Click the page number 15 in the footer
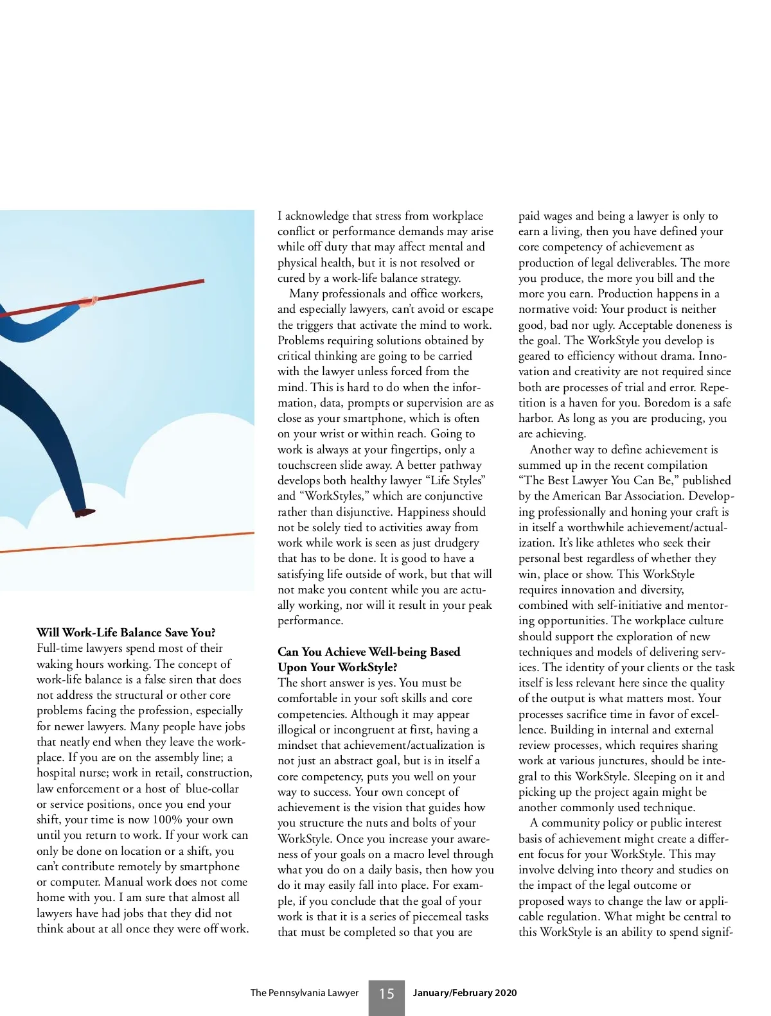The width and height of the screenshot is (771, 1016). pyautogui.click(x=386, y=994)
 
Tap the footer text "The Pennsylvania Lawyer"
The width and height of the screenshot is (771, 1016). pyautogui.click(x=304, y=993)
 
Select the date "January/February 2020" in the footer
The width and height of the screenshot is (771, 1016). pyautogui.click(x=465, y=993)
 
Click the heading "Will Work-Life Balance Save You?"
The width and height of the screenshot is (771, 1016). pyautogui.click(x=126, y=633)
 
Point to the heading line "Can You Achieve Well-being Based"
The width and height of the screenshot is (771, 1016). pyautogui.click(x=369, y=652)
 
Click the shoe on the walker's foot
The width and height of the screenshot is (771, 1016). pyautogui.click(x=84, y=512)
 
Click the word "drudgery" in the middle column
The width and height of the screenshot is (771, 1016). pyautogui.click(x=454, y=543)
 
